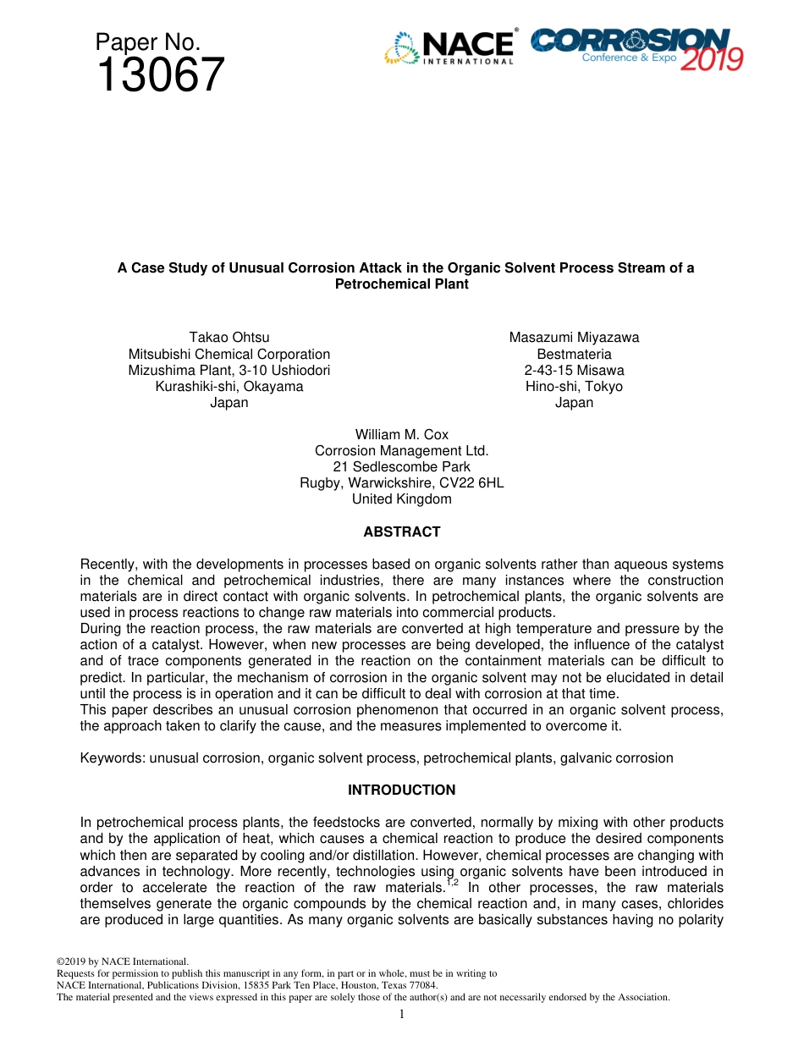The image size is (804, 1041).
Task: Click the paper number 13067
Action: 161,74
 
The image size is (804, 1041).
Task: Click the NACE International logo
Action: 449,48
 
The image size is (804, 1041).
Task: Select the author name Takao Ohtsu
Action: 229,338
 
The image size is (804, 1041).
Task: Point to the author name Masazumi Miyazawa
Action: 574,338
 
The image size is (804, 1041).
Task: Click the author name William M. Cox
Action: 401,435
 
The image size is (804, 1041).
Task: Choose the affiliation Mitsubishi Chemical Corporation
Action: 229,354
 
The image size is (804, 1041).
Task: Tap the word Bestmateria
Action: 574,354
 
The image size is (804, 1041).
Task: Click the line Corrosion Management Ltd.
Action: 401,451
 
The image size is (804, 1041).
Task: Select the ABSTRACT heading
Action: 401,532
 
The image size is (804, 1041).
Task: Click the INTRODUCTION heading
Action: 401,790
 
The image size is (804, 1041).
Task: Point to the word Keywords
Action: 111,758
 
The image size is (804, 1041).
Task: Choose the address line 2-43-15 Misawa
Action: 574,370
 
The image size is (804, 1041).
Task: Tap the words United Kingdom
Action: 401,499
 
